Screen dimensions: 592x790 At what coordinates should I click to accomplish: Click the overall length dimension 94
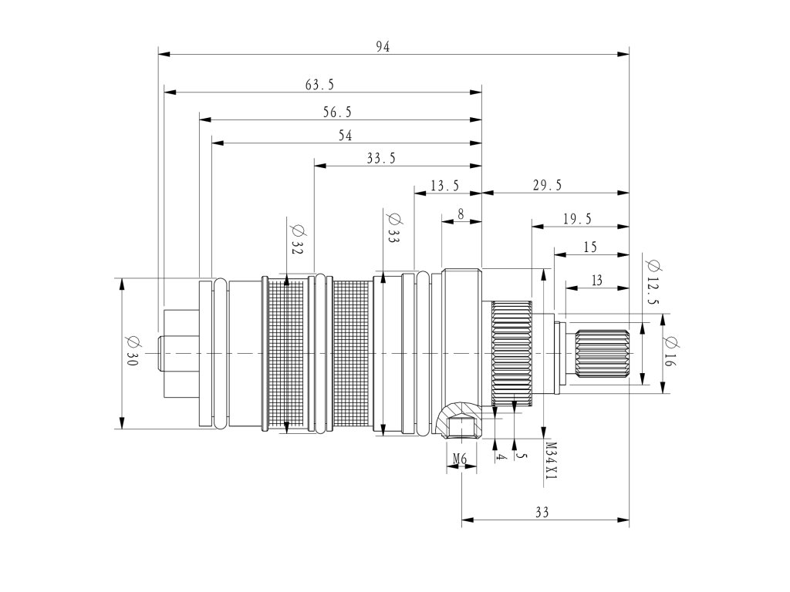coord(383,47)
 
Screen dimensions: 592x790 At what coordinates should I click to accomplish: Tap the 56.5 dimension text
coord(337,113)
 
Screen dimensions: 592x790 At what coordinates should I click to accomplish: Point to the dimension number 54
coord(345,136)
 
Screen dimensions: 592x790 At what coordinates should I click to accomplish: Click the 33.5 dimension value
coord(381,159)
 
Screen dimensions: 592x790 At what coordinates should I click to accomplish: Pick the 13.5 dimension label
coord(445,185)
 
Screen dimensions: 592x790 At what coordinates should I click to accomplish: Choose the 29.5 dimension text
coord(547,185)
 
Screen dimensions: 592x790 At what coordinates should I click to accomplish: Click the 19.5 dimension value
coord(577,220)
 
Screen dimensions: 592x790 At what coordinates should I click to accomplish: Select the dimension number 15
coord(590,247)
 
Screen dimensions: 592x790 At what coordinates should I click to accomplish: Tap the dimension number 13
coord(596,281)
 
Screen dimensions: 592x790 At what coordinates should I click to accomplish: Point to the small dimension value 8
coord(461,214)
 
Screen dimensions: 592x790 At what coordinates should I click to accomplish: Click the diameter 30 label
coord(130,352)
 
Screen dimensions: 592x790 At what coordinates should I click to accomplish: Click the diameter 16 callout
coord(668,352)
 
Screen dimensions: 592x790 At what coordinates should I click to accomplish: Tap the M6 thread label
coord(460,459)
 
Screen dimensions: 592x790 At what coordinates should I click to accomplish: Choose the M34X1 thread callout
coord(550,461)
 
